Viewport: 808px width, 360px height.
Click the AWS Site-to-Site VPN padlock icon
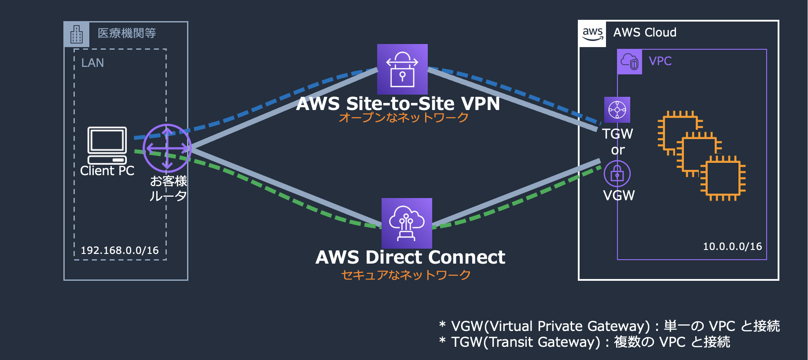point(402,69)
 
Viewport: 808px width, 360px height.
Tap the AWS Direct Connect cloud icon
point(407,223)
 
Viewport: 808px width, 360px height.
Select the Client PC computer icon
point(107,145)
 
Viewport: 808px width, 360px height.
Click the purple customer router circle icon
point(167,148)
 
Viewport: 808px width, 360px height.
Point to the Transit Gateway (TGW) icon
point(617,110)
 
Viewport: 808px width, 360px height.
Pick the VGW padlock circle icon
point(617,174)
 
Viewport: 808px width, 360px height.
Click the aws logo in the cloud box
point(592,33)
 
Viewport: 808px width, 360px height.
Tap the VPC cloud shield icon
point(629,62)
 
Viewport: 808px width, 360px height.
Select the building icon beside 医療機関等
point(77,34)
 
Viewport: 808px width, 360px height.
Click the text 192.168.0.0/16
point(120,250)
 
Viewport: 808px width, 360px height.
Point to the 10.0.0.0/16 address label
point(732,246)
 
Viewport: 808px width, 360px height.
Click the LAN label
point(92,63)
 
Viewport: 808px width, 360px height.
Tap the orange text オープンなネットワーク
point(404,118)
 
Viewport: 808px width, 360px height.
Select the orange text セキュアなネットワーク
point(406,275)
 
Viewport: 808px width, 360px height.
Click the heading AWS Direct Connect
point(410,257)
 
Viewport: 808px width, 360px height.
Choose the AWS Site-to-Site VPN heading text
point(398,104)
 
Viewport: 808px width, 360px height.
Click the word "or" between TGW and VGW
point(618,151)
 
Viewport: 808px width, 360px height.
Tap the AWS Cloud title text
point(645,33)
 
